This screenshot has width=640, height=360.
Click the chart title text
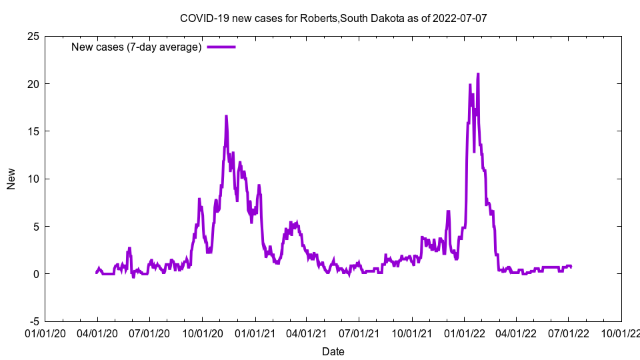pos(333,18)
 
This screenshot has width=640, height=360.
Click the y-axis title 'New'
pos(11,179)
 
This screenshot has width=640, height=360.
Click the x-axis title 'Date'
pos(333,351)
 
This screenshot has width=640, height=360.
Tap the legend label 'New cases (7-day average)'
pos(137,47)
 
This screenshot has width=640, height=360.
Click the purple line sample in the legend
pos(221,47)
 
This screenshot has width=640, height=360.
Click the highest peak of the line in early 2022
pos(478,74)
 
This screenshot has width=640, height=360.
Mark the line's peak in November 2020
pos(226,116)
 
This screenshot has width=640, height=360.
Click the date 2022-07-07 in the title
pos(459,18)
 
